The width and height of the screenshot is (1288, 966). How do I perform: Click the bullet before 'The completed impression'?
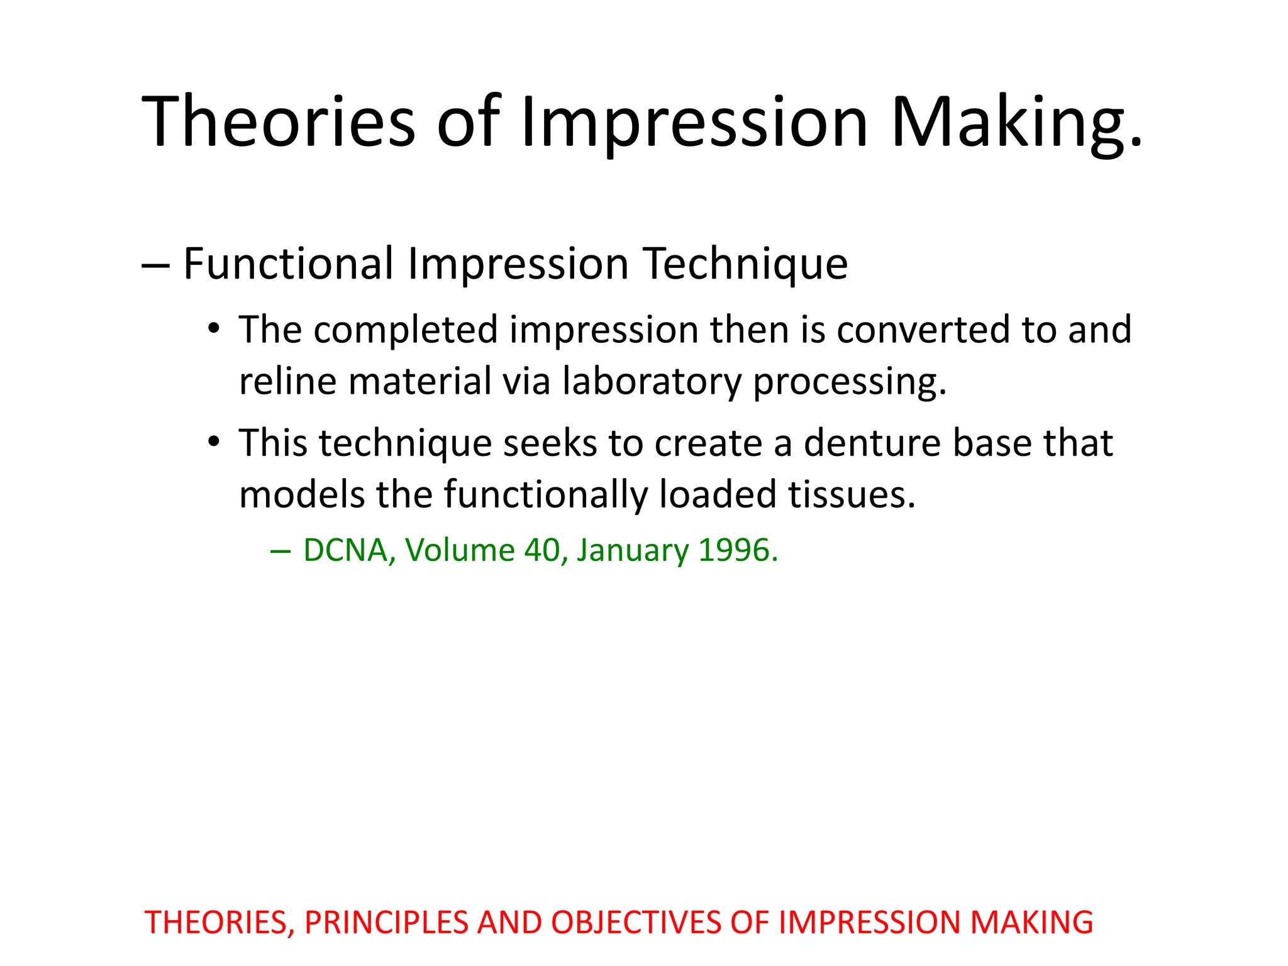(x=214, y=329)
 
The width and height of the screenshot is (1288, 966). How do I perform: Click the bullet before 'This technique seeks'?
(x=214, y=442)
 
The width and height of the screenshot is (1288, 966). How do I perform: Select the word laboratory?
(x=652, y=381)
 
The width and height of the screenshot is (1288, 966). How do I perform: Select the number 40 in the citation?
(x=541, y=550)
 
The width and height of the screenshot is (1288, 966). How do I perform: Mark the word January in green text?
(x=633, y=550)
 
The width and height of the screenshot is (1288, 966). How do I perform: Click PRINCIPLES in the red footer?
(x=386, y=923)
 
